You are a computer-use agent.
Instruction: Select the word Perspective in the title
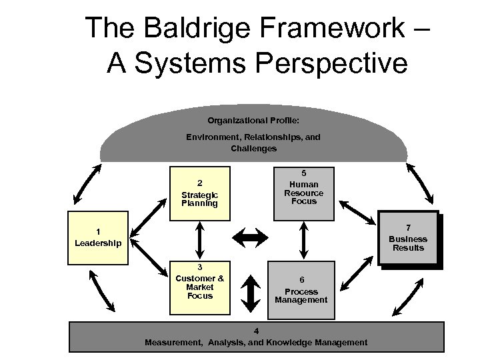pyautogui.click(x=321, y=63)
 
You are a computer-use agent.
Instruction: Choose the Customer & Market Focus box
pyautogui.click(x=199, y=287)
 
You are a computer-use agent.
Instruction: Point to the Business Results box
pyautogui.click(x=407, y=239)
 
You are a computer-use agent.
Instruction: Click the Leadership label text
pyautogui.click(x=98, y=243)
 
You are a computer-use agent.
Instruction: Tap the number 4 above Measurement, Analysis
pyautogui.click(x=256, y=331)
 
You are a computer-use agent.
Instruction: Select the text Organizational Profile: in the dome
pyautogui.click(x=253, y=121)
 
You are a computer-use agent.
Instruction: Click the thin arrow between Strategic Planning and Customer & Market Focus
pyautogui.click(x=199, y=240)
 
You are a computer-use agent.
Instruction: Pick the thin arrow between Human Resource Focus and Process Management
pyautogui.click(x=304, y=240)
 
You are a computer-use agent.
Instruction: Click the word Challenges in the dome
pyautogui.click(x=253, y=149)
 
